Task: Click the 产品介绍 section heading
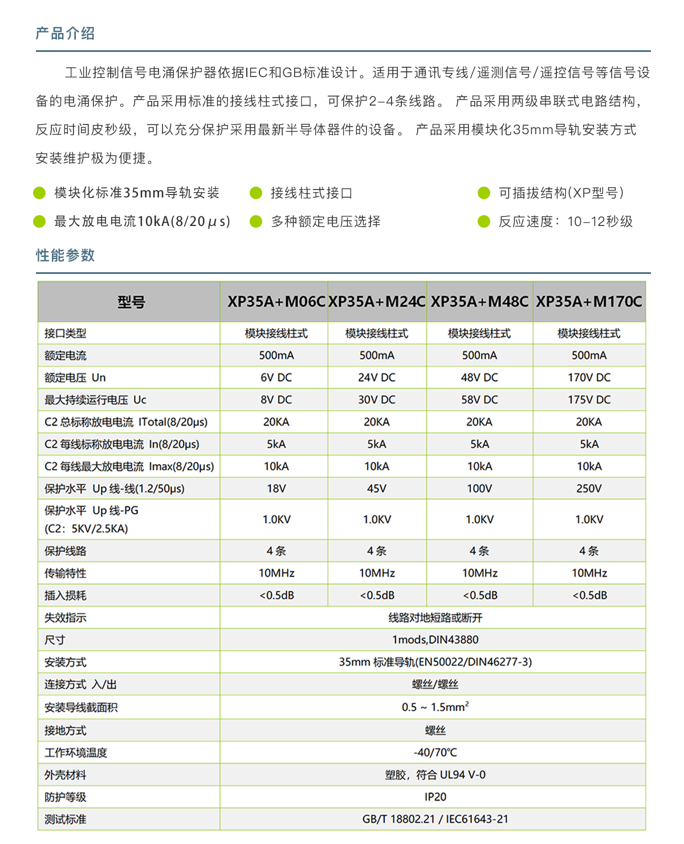tap(65, 34)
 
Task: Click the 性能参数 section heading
tap(65, 255)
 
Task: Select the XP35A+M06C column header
tap(276, 301)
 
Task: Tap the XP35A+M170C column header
tap(589, 301)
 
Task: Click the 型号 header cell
tap(131, 302)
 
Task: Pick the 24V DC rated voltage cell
tap(376, 377)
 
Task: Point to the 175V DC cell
tap(589, 399)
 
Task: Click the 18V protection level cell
tap(276, 488)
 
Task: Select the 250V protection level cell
tap(589, 488)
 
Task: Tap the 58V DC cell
tap(479, 399)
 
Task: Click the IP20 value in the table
tap(435, 797)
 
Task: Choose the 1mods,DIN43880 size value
tap(435, 640)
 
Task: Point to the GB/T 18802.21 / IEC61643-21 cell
tap(435, 819)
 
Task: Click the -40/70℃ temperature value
tap(435, 752)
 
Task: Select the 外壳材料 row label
tap(66, 775)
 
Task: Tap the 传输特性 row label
tap(66, 573)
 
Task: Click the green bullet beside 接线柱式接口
tap(256, 193)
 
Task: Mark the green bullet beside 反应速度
tap(484, 221)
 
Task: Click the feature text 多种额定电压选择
tap(325, 221)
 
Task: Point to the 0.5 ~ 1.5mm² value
tap(435, 707)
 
